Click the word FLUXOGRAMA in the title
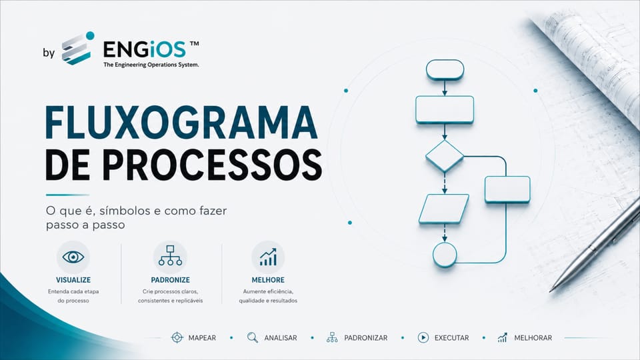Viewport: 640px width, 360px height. tap(181, 123)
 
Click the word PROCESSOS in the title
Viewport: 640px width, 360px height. tap(212, 165)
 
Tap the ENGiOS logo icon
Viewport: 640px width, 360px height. tap(78, 48)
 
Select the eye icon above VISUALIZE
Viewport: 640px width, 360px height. tap(73, 257)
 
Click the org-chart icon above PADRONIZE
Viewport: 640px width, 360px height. tap(170, 255)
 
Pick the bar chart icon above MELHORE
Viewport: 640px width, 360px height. tap(268, 257)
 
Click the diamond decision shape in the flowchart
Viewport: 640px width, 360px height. tap(445, 156)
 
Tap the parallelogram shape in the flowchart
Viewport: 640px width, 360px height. tap(444, 209)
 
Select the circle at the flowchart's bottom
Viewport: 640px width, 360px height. tap(445, 255)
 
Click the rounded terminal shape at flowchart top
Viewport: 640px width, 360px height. tap(445, 70)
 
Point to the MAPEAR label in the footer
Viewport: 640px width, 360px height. tap(202, 338)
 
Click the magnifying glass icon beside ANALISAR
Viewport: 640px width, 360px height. tap(253, 337)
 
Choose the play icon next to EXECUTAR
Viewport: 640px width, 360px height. tap(423, 337)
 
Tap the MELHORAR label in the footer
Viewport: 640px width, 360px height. tap(533, 338)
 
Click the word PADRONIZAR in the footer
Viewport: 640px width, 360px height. tap(366, 338)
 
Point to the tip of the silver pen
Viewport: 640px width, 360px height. tap(550, 291)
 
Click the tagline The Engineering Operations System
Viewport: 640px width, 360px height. tap(151, 65)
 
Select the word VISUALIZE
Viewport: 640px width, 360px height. tap(73, 280)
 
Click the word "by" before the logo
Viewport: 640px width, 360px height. tap(49, 53)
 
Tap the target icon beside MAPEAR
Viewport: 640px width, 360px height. tap(177, 337)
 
